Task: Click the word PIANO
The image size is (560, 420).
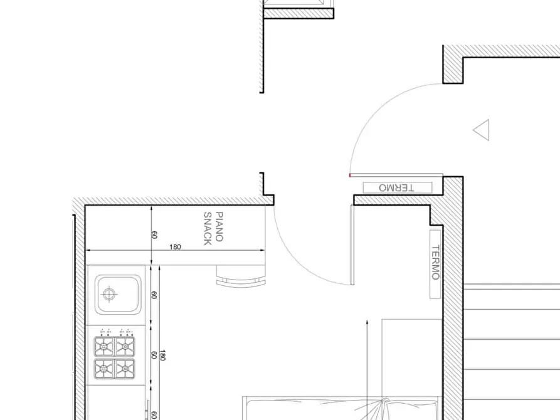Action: pyautogui.click(x=219, y=227)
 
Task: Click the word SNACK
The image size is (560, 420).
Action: pyautogui.click(x=207, y=229)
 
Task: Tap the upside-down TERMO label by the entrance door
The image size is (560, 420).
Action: pyautogui.click(x=396, y=187)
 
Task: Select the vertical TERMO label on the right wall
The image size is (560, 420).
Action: pyautogui.click(x=435, y=263)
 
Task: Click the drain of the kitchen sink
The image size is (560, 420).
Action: pyautogui.click(x=109, y=294)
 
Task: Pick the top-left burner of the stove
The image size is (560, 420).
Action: pyautogui.click(x=104, y=346)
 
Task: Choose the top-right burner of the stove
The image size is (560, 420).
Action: pyautogui.click(x=125, y=346)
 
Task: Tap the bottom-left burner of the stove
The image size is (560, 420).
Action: pyautogui.click(x=104, y=368)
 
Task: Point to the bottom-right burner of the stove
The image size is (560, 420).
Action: pyautogui.click(x=125, y=368)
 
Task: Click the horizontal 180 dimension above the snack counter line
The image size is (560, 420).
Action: pyautogui.click(x=175, y=247)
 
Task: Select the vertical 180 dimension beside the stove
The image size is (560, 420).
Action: pyautogui.click(x=162, y=355)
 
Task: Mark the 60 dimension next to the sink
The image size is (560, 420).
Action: pyautogui.click(x=154, y=295)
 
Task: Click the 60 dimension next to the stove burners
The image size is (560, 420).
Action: pyautogui.click(x=154, y=355)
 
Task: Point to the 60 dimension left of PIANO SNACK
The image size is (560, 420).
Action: pyautogui.click(x=154, y=235)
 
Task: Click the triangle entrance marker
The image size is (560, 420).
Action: pyautogui.click(x=482, y=130)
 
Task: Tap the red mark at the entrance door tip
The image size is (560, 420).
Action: pyautogui.click(x=350, y=175)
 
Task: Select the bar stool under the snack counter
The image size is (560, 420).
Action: pyautogui.click(x=241, y=276)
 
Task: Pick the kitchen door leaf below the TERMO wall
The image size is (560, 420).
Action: pyautogui.click(x=352, y=245)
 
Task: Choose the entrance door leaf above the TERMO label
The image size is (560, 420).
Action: pyautogui.click(x=396, y=175)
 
